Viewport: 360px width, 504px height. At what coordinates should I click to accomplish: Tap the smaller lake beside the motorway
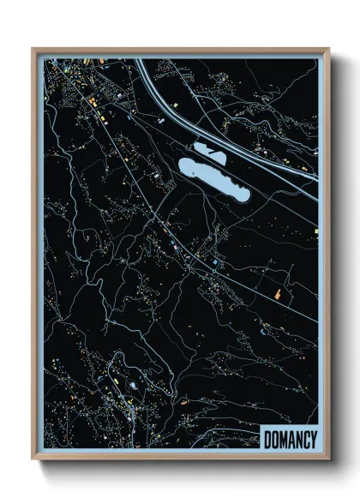[209, 151]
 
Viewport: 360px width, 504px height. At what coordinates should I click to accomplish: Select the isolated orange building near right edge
[278, 294]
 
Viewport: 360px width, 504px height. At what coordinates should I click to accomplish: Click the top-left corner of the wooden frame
[33, 49]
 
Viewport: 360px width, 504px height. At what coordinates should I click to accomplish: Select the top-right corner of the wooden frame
[328, 49]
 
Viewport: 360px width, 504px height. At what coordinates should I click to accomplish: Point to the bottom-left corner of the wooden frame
[33, 459]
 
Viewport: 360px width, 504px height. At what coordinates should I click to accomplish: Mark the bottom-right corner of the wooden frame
[328, 459]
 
